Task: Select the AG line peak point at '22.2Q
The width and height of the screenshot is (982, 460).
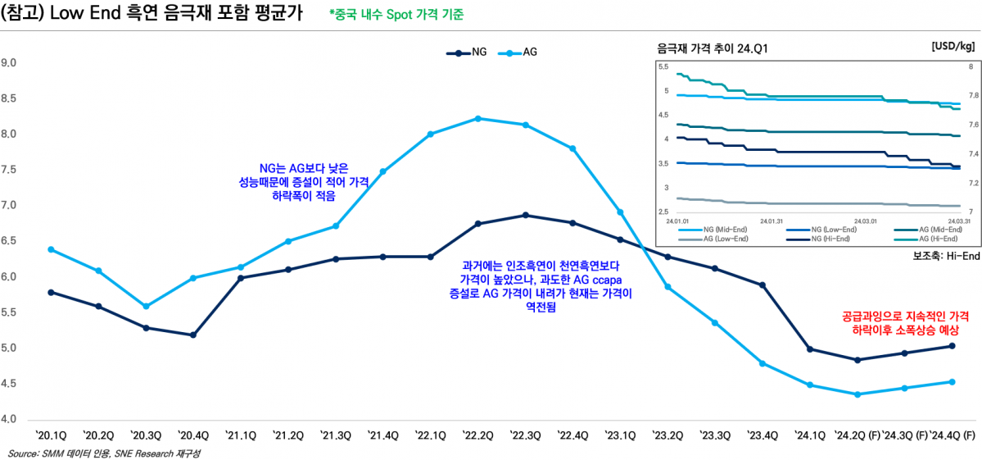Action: point(478,119)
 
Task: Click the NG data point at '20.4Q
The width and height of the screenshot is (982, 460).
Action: point(193,335)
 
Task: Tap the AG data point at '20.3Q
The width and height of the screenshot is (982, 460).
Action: point(146,307)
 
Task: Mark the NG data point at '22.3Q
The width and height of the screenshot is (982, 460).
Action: point(525,216)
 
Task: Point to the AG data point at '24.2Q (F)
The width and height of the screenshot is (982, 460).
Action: point(858,394)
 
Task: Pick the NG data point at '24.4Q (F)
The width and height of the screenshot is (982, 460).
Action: point(953,346)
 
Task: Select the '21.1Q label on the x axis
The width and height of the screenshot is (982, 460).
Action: point(242,435)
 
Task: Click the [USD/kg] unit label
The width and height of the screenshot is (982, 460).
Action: point(953,47)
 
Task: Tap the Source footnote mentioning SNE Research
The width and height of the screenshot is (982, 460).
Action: point(104,453)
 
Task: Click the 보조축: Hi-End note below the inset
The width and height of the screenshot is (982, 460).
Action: point(946,256)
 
